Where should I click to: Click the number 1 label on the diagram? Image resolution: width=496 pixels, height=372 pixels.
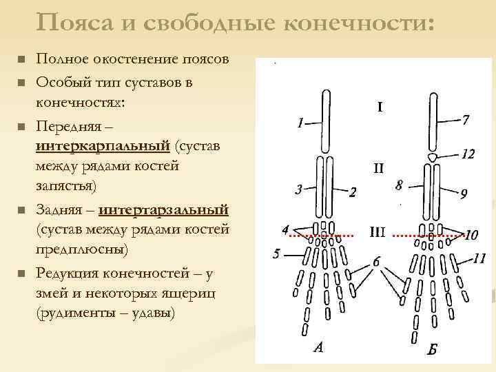300,124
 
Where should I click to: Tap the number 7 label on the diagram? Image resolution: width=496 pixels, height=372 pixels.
466,120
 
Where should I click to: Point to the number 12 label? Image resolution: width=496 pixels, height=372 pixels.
468,154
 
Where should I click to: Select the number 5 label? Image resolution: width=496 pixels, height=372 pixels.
276,254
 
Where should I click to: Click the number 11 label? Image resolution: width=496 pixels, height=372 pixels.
479,258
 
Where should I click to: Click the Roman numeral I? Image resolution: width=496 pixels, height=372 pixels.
380,107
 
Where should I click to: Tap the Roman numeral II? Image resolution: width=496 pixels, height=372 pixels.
378,167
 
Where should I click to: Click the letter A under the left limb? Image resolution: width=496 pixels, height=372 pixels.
318,347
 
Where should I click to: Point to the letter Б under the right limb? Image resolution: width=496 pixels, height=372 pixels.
432,349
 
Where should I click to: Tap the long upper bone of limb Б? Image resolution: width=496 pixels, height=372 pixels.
433,123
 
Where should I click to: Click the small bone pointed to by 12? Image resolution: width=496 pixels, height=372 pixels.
432,158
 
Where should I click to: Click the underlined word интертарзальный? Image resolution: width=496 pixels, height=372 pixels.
164,209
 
